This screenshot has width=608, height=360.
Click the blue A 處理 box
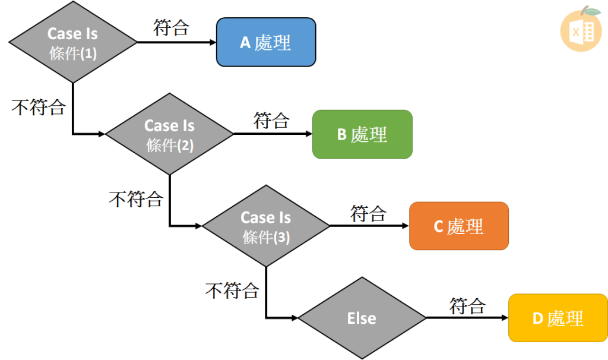265,42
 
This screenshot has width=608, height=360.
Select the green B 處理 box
362,134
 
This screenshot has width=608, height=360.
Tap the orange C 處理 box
458,226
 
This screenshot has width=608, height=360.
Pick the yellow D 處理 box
558,318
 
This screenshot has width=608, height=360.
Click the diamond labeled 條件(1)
72,42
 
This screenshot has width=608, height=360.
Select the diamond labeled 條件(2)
169,134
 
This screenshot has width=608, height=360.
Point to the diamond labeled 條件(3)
265,226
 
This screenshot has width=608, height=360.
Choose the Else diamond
362,318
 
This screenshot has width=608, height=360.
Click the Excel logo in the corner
581,30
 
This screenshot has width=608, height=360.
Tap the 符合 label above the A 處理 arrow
171,27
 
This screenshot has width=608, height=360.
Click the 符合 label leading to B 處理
271,120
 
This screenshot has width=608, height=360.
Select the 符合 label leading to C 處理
368,213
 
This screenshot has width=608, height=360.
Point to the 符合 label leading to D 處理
467,305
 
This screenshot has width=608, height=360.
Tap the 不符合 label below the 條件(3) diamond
232,290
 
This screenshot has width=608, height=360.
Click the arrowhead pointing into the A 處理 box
212,42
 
